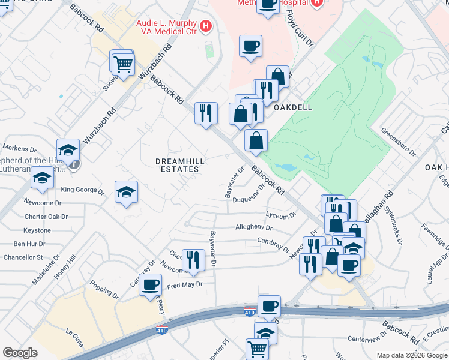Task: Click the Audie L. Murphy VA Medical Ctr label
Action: pyautogui.click(x=166, y=26)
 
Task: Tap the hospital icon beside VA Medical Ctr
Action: pyautogui.click(x=206, y=26)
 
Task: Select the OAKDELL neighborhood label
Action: pyautogui.click(x=292, y=107)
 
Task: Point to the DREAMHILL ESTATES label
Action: pyautogui.click(x=177, y=165)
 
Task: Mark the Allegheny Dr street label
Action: pyautogui.click(x=254, y=228)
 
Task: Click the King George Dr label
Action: pyautogui.click(x=83, y=191)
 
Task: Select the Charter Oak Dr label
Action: pyautogui.click(x=43, y=217)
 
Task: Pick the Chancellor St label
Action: pyautogui.click(x=23, y=257)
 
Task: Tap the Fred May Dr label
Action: pyautogui.click(x=185, y=284)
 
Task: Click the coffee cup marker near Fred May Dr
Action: pyautogui.click(x=151, y=284)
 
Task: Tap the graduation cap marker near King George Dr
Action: pyautogui.click(x=126, y=192)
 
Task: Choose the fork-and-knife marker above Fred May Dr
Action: pyautogui.click(x=193, y=260)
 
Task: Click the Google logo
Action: pyautogui.click(x=20, y=353)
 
